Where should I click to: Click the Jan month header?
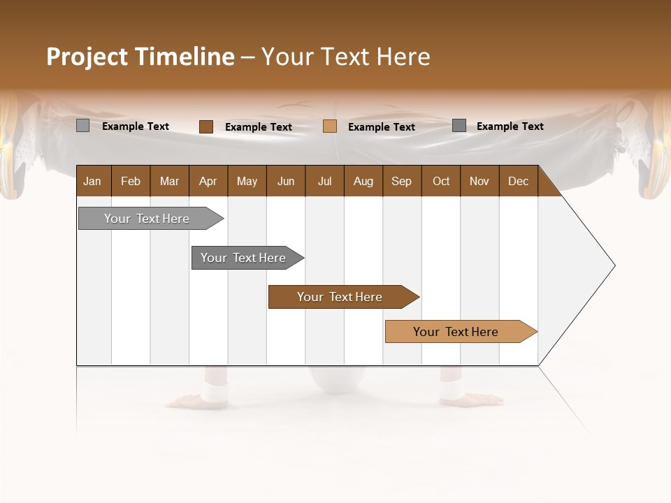click(93, 181)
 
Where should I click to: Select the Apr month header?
click(208, 181)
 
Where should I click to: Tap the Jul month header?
click(324, 181)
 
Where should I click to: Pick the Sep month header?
click(401, 181)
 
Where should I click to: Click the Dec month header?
click(518, 181)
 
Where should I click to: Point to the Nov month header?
click(479, 181)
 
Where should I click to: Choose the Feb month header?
click(131, 181)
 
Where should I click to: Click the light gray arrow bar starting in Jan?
click(147, 219)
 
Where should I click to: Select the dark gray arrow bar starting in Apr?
click(244, 258)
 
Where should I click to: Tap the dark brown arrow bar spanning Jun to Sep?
click(340, 297)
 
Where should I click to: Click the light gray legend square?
click(82, 126)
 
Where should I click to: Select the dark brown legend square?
click(205, 126)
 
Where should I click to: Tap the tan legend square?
click(330, 126)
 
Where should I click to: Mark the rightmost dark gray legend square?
click(459, 126)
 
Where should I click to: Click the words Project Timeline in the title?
click(140, 57)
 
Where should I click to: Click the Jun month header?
click(286, 181)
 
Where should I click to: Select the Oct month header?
click(441, 181)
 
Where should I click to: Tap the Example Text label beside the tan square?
click(382, 126)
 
